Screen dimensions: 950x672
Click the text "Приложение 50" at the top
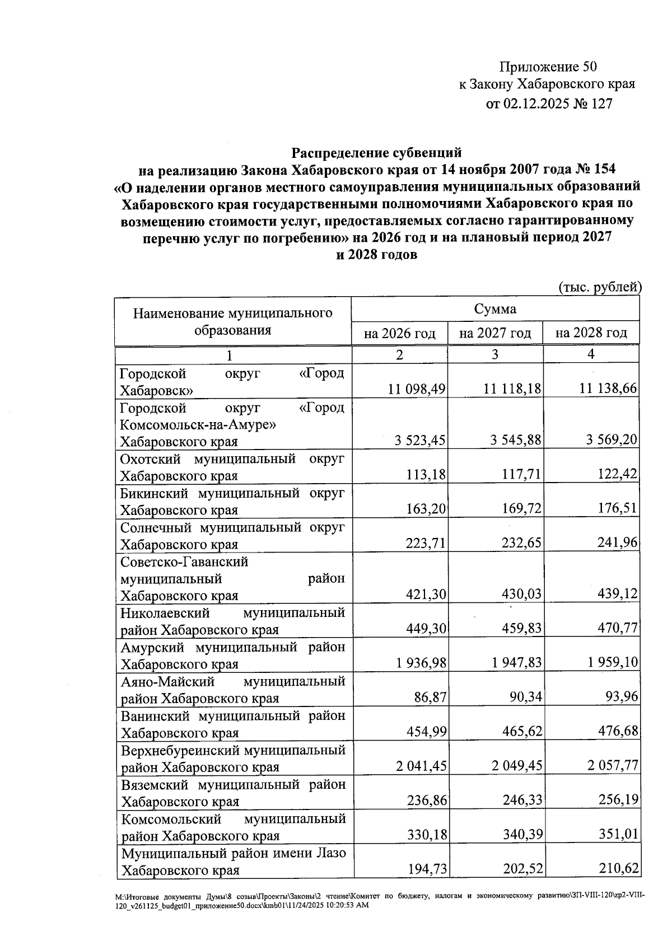click(x=548, y=67)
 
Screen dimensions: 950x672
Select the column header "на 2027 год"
click(x=494, y=334)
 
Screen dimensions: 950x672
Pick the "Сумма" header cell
click(x=495, y=309)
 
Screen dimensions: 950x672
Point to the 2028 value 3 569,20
click(x=612, y=439)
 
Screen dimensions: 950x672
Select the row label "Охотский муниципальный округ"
click(x=232, y=467)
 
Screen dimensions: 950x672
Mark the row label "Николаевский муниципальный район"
click(x=232, y=621)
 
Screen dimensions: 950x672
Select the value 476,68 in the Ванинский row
click(x=615, y=731)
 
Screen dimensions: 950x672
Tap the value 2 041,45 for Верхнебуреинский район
click(x=421, y=765)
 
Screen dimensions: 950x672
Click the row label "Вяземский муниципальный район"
click(x=232, y=792)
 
